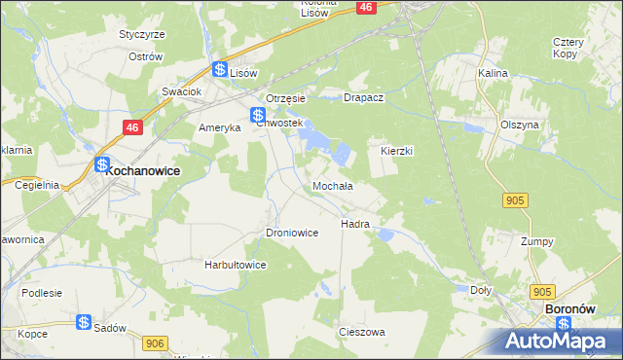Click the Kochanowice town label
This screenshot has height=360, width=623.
click(x=141, y=168)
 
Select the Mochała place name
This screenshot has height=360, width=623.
click(x=332, y=185)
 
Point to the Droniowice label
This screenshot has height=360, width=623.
click(x=292, y=234)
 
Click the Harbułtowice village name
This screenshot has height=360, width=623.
click(x=235, y=265)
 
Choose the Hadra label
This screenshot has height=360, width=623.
click(x=354, y=224)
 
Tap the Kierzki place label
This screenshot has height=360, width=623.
click(x=396, y=152)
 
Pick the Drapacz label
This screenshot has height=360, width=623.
click(x=366, y=98)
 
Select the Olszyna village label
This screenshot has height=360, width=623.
click(x=519, y=126)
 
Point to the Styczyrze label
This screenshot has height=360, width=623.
click(x=142, y=34)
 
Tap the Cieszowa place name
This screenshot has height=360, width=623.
click(x=361, y=332)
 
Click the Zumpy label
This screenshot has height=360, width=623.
click(x=536, y=241)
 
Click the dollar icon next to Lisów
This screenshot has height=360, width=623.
click(x=220, y=69)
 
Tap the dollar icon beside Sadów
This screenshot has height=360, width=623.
click(x=84, y=323)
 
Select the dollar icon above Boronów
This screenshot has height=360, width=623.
click(x=544, y=292)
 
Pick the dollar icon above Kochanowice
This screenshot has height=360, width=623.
click(x=101, y=165)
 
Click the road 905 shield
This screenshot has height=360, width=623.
click(x=515, y=199)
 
